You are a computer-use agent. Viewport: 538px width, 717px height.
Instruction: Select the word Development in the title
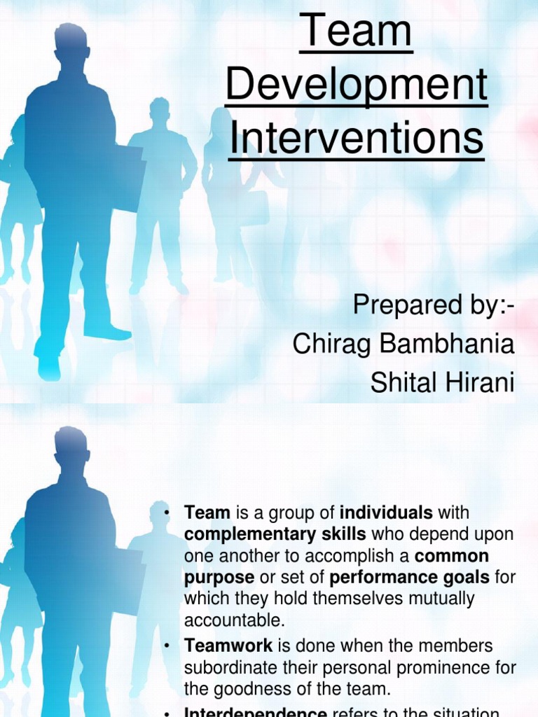click(x=357, y=85)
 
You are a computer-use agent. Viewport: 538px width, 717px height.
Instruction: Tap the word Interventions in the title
click(x=357, y=138)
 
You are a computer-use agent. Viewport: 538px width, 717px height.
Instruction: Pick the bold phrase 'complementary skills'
click(x=275, y=535)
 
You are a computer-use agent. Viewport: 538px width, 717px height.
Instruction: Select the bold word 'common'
click(x=452, y=557)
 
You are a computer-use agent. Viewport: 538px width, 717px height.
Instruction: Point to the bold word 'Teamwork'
click(x=228, y=646)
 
